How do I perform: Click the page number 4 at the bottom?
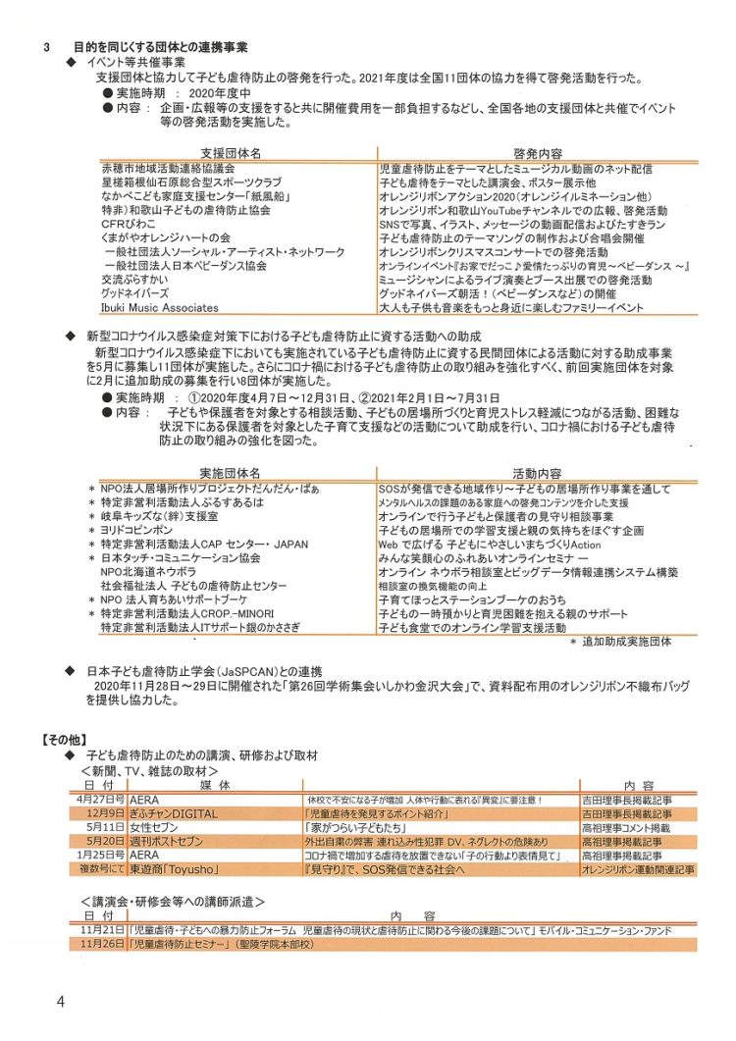pyautogui.click(x=60, y=1001)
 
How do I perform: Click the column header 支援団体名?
pyautogui.click(x=231, y=154)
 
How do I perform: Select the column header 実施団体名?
pyautogui.click(x=231, y=472)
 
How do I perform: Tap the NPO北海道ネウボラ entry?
pyautogui.click(x=147, y=571)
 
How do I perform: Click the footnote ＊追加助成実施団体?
pyautogui.click(x=621, y=641)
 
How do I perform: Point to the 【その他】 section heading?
pyautogui.click(x=65, y=737)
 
